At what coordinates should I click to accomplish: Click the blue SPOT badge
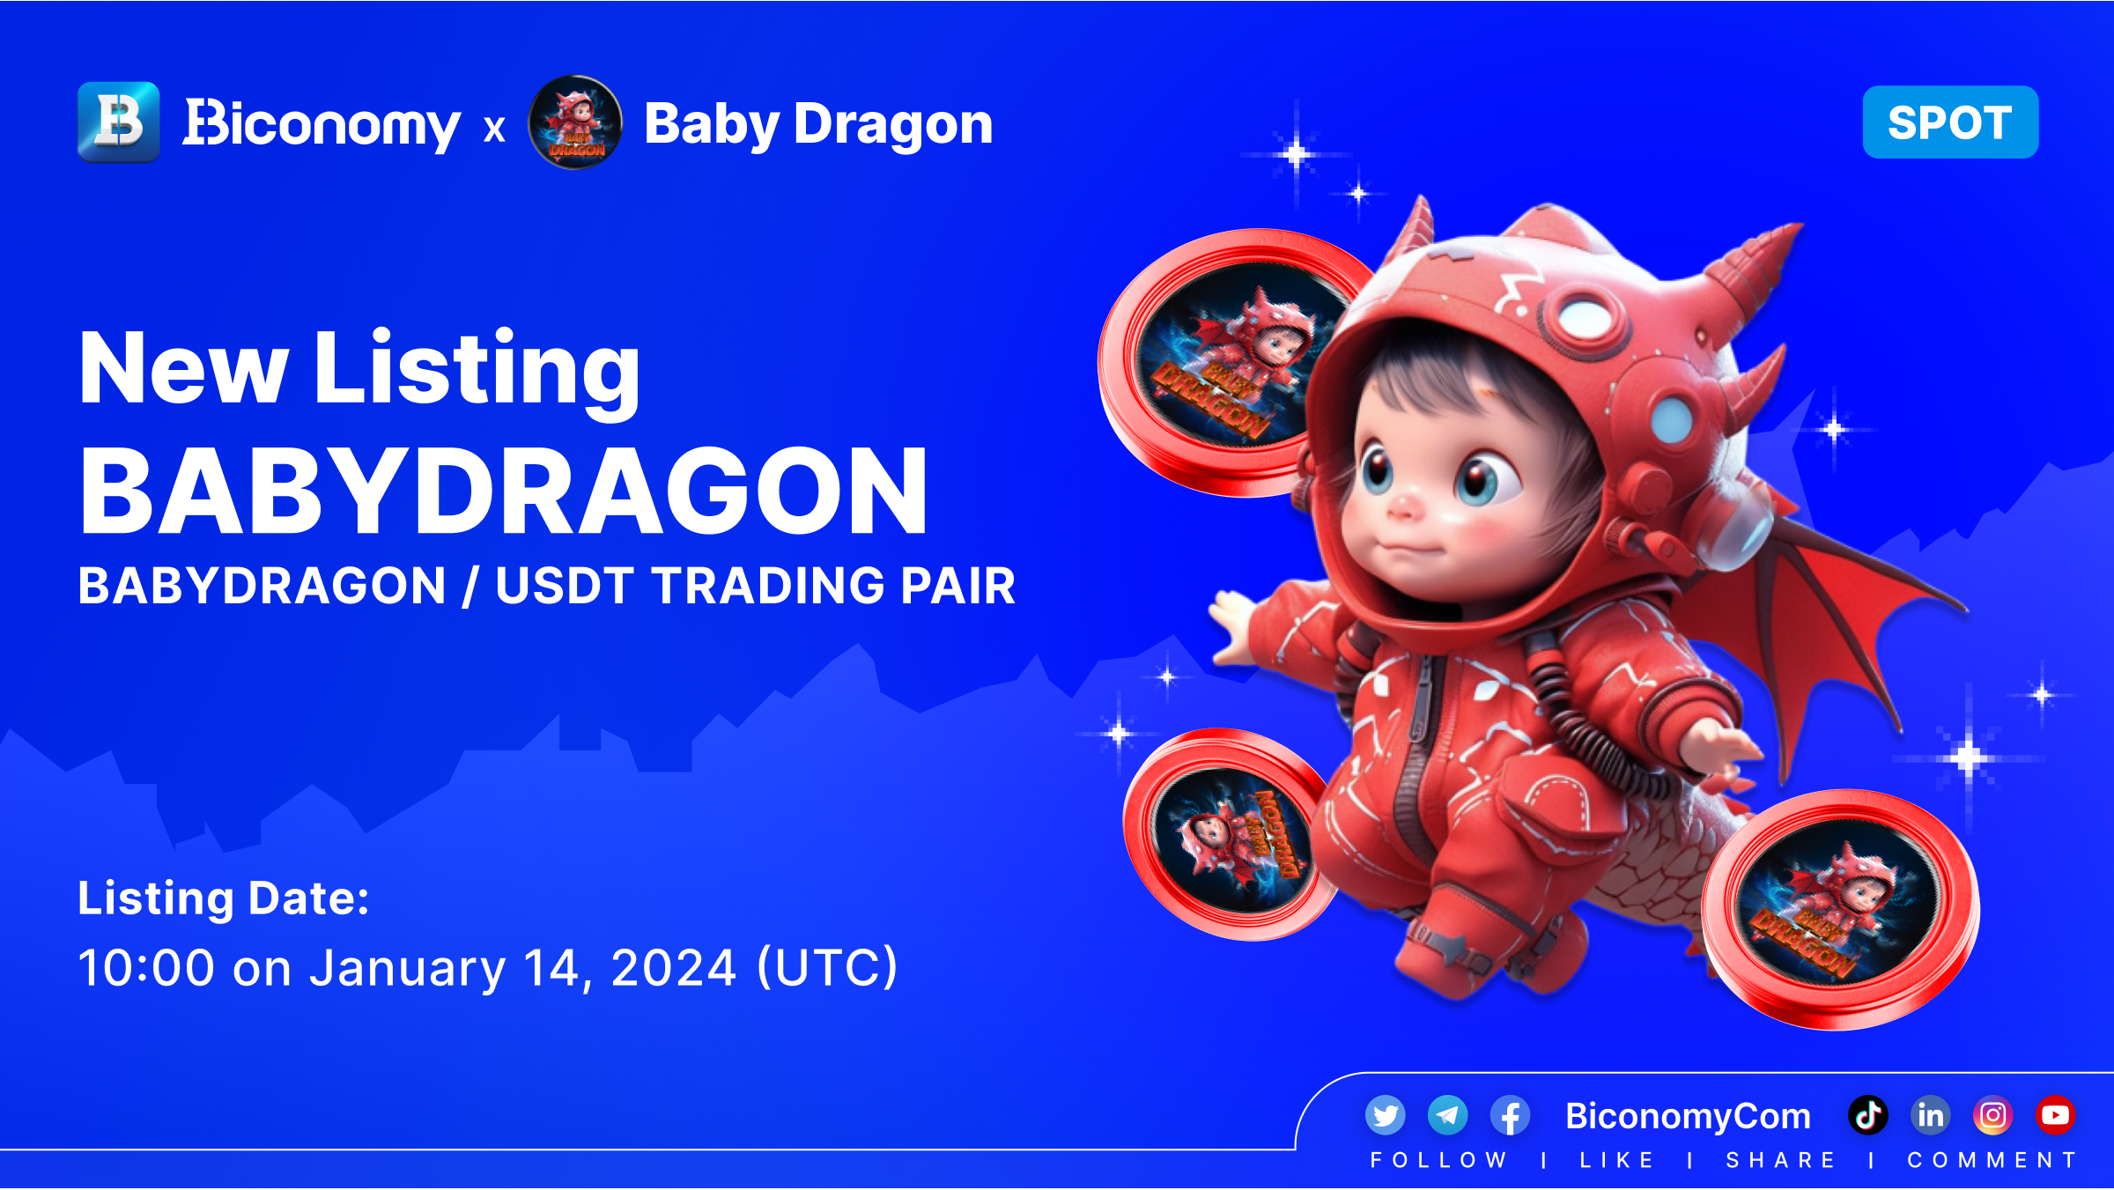point(1950,122)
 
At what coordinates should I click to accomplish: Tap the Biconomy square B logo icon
point(119,122)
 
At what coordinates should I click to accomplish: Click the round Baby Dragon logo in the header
point(575,122)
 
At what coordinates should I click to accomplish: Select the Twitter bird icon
point(1386,1116)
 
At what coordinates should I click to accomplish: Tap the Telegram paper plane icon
point(1447,1116)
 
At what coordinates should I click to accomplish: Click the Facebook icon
point(1510,1116)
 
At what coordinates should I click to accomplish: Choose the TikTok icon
point(1868,1116)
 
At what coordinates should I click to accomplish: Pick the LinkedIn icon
point(1931,1116)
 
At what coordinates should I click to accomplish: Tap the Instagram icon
point(1993,1116)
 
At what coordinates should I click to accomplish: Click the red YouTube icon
point(2056,1116)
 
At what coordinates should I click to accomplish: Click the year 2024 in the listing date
point(674,967)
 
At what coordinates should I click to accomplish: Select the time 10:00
point(146,967)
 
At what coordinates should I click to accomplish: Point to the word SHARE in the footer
point(1781,1160)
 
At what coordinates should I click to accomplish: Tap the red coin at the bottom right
point(1841,909)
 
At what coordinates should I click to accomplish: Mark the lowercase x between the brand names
point(494,129)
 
